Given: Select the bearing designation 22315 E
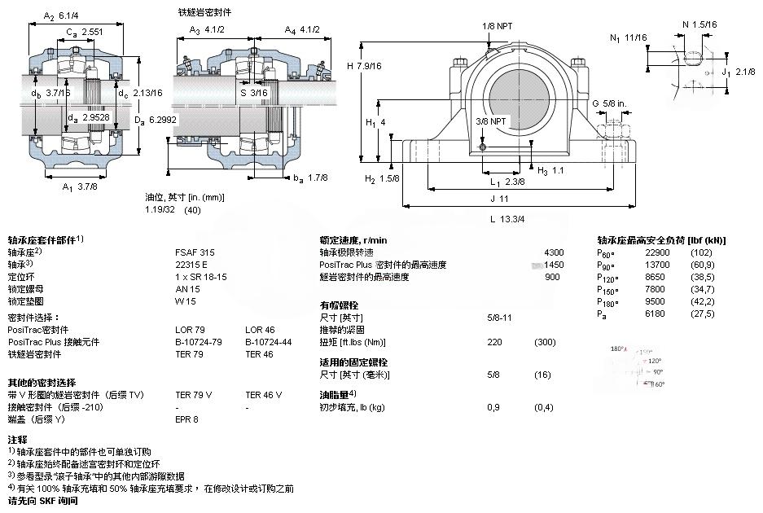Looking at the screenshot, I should tap(191, 264).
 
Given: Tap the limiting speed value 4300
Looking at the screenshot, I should tap(553, 252).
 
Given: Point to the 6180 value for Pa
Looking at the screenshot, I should tap(656, 313).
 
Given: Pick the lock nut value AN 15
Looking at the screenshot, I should tap(187, 288).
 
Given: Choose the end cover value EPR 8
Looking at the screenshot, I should tap(186, 419).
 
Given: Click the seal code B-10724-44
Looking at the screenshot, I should tap(268, 342).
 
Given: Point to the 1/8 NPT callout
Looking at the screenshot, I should tap(498, 27).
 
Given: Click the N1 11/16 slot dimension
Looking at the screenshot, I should tap(628, 37).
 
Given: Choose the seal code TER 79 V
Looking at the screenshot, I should tap(194, 395).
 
